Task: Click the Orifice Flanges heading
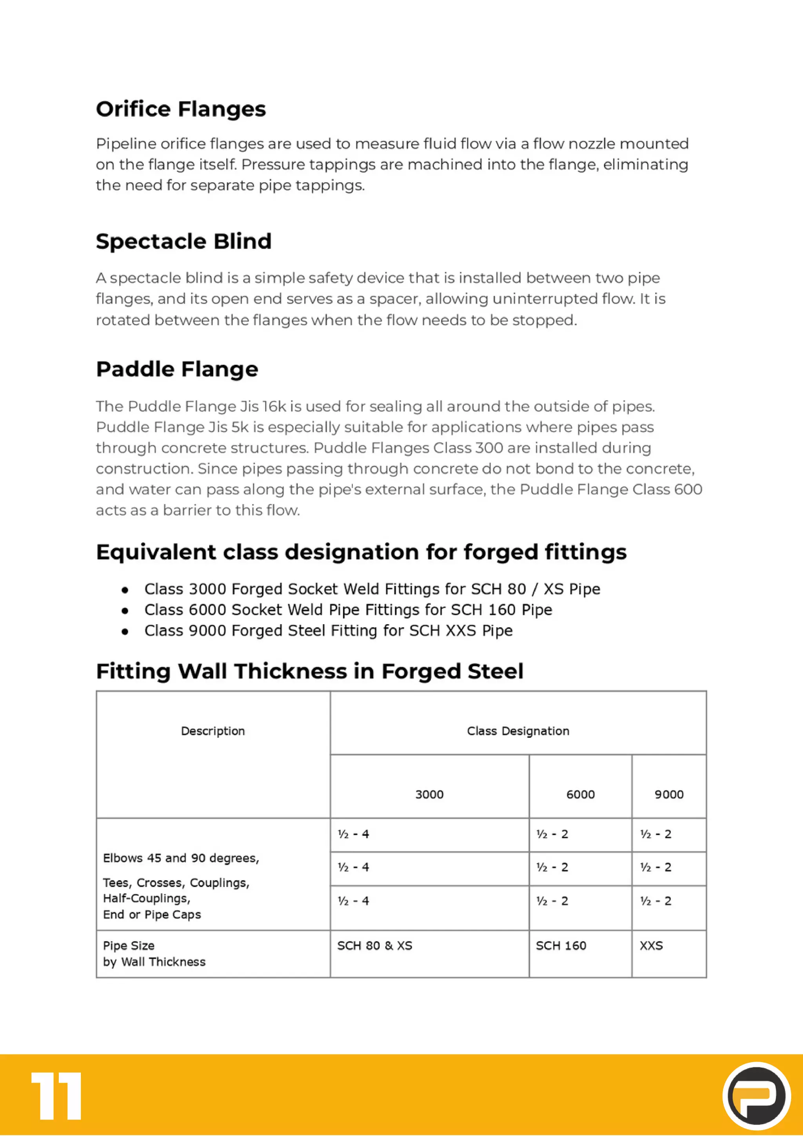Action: coord(181,109)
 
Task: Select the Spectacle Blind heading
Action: coord(183,241)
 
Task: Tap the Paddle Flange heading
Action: coord(177,369)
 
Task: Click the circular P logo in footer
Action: coord(756,1095)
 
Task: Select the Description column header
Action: coord(213,731)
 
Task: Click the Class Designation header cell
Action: coord(518,731)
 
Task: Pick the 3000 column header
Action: coord(429,794)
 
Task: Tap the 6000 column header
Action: coord(580,794)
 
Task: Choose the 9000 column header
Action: coord(669,794)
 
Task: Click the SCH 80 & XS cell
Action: coord(375,946)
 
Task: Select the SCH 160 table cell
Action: coord(561,946)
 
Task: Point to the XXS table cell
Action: coord(651,946)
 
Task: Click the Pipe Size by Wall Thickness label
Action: coord(154,953)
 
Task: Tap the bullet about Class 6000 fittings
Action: coord(348,610)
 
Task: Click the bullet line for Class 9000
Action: coord(328,631)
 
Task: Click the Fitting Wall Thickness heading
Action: coord(309,671)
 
